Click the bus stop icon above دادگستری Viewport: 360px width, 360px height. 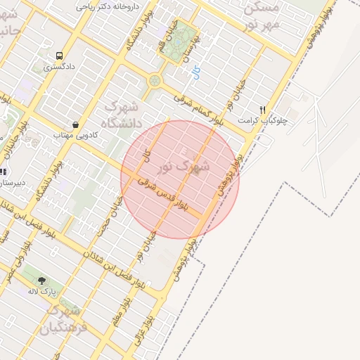click(59, 56)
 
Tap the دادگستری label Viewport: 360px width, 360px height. click(58, 68)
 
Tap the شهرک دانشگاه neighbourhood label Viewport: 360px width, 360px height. click(123, 115)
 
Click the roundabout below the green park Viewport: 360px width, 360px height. click(154, 82)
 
